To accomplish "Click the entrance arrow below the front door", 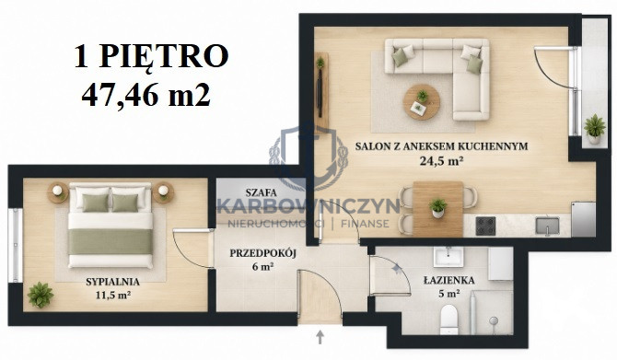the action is pos(320,337).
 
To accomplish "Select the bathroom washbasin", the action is pos(448,256).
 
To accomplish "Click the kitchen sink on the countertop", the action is pos(547,226).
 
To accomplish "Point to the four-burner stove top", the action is pos(485,226).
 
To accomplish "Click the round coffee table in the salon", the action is pos(422,102).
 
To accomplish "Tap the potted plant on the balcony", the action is pos(594,129).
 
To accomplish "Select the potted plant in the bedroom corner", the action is pos(41,295).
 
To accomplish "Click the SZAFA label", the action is pos(261,192).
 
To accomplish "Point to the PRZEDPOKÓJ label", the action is pos(262,253).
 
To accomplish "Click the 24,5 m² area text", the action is pos(441,161).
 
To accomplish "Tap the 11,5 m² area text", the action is pos(113,295).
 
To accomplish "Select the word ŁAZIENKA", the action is pos(449,280).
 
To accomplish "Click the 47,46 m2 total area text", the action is pos(146,95).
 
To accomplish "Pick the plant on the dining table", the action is pos(438,208).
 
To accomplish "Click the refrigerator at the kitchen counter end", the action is pos(583,219).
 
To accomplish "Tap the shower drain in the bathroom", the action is pos(494,320).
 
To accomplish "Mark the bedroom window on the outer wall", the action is pos(16,245).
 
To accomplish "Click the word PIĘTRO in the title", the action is pos(164,57).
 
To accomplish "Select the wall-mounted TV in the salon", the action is pos(320,93).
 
